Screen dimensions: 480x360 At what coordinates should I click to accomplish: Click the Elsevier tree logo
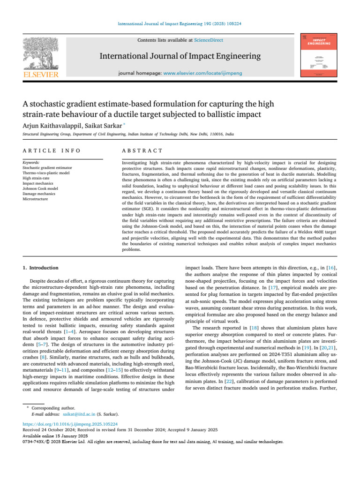pyautogui.click(x=41, y=52)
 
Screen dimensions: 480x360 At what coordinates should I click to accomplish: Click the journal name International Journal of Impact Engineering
pyautogui.click(x=180, y=57)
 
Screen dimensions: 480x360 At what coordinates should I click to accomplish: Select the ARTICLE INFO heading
pyautogui.click(x=52, y=150)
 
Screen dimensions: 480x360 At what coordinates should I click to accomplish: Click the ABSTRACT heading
pyautogui.click(x=142, y=150)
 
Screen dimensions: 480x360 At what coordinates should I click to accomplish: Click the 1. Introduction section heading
pyautogui.click(x=41, y=268)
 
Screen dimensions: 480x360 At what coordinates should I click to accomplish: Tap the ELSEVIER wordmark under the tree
pyautogui.click(x=41, y=75)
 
